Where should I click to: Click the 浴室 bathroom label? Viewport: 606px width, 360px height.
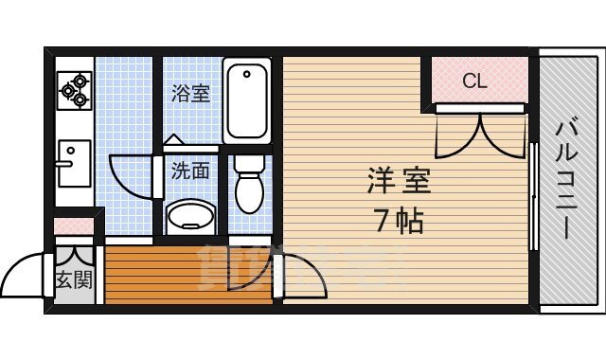click(x=190, y=94)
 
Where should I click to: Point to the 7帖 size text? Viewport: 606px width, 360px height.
click(x=400, y=222)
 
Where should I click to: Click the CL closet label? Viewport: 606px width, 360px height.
click(x=474, y=81)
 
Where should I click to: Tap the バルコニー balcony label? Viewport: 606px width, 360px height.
click(x=568, y=180)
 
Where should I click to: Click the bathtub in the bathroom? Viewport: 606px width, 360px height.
click(x=248, y=99)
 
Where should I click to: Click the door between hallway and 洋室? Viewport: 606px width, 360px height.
click(x=301, y=275)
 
